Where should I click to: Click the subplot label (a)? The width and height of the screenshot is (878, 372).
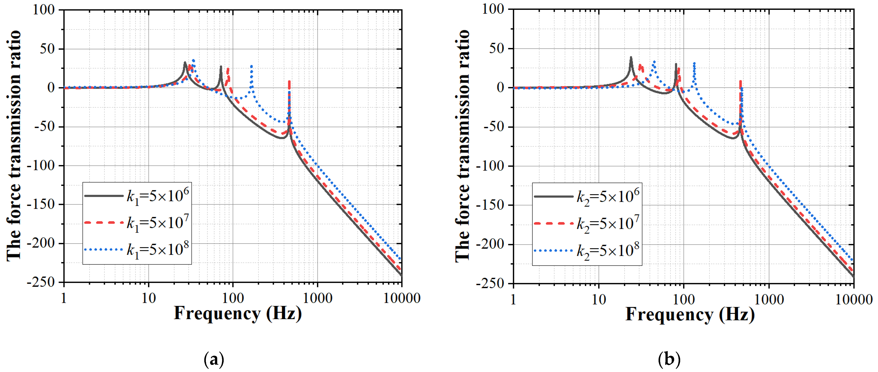214,359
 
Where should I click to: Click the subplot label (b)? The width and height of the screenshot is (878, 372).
669,359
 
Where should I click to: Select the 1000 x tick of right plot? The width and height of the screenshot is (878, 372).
769,299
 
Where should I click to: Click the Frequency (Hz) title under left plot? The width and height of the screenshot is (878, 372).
238,313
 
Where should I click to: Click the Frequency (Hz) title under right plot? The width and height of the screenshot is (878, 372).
690,314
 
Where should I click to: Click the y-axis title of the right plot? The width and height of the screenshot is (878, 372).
463,146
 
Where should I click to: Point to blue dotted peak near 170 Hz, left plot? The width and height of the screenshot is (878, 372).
252,66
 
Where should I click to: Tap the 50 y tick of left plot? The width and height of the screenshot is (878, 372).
47,49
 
